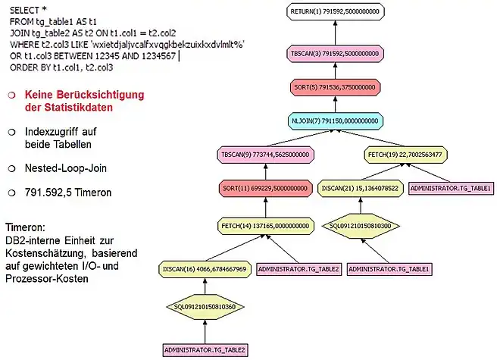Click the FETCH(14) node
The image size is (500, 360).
264,225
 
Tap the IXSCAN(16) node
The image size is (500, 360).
205,268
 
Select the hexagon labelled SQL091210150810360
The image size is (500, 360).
205,307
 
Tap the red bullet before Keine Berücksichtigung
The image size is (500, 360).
11,95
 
